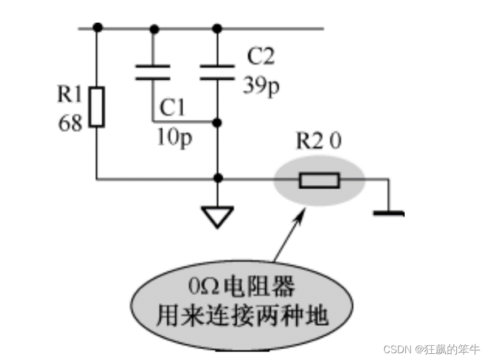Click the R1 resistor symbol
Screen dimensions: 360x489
coord(98,107)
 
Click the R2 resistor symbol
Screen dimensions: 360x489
coord(319,181)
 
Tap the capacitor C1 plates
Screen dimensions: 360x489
coord(153,73)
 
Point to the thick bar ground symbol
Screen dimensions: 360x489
coord(389,214)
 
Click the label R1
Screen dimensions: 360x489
coord(70,95)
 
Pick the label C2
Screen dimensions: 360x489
coord(261,57)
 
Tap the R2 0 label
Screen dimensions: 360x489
coord(319,141)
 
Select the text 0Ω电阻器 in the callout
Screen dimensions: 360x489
coord(243,288)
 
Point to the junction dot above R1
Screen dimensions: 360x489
coord(98,27)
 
